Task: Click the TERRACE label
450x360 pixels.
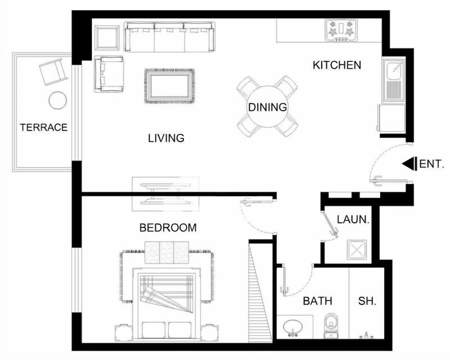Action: tap(44, 127)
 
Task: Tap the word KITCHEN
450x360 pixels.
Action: tap(337, 65)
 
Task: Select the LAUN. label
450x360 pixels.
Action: tap(353, 220)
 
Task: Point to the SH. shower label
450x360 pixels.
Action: tap(367, 301)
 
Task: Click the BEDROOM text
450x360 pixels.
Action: tap(168, 228)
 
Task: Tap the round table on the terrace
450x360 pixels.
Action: tap(58, 100)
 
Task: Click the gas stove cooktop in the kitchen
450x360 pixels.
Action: tap(341, 30)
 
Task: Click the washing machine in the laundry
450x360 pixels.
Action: tap(357, 248)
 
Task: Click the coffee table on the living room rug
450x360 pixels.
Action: tap(170, 86)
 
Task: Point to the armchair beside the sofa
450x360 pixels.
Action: tap(109, 74)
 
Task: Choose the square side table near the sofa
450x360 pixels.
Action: tap(107, 38)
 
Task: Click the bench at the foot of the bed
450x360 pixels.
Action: tap(167, 252)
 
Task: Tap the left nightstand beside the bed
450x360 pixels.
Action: tap(124, 333)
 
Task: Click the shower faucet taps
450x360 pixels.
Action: tap(366, 336)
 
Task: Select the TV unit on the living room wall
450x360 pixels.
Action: tap(166, 194)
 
